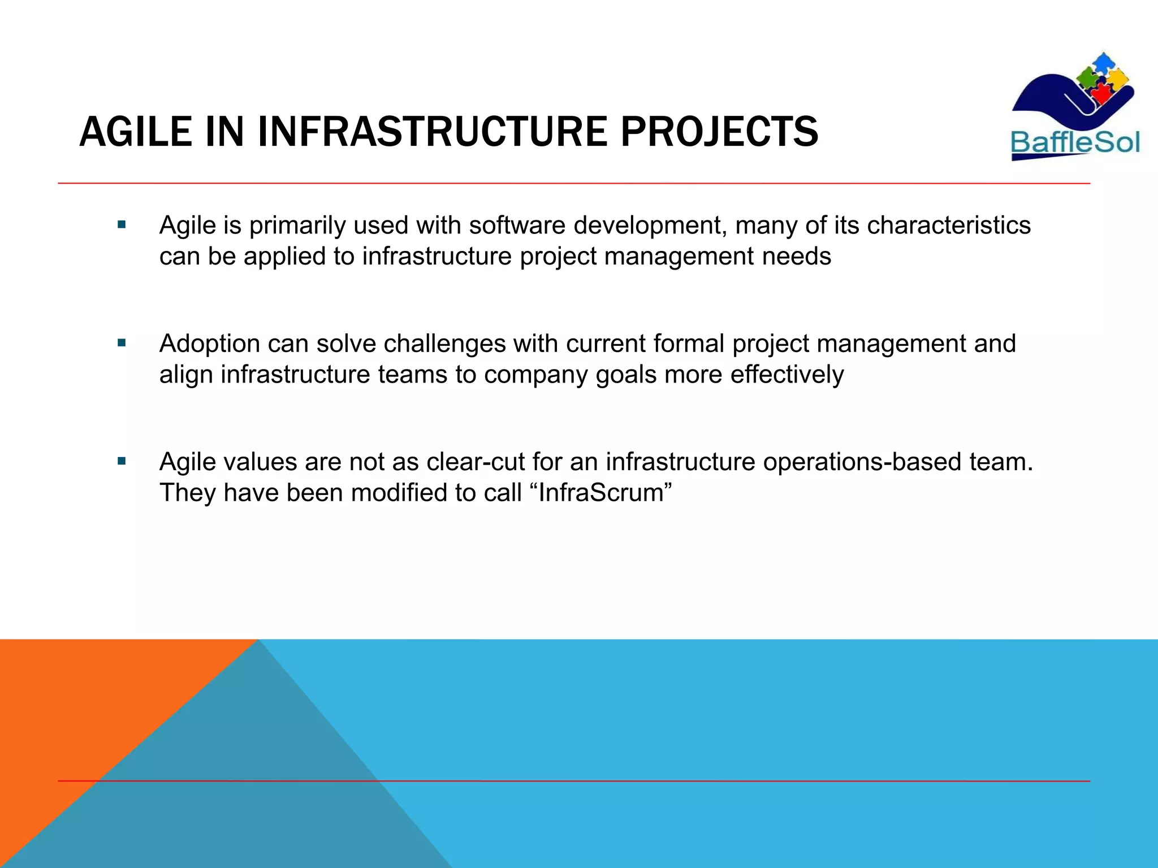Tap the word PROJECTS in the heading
click(719, 132)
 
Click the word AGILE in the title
click(136, 132)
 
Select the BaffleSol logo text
click(1075, 142)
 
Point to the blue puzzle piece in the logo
click(1103, 62)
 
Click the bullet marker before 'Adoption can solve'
click(122, 342)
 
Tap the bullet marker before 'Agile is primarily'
click(122, 224)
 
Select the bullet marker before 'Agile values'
click(122, 461)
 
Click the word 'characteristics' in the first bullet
click(948, 225)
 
